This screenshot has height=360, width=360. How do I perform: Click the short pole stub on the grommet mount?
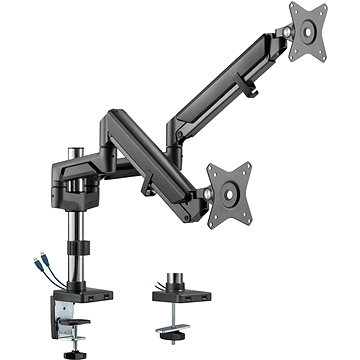coord(166,276)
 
